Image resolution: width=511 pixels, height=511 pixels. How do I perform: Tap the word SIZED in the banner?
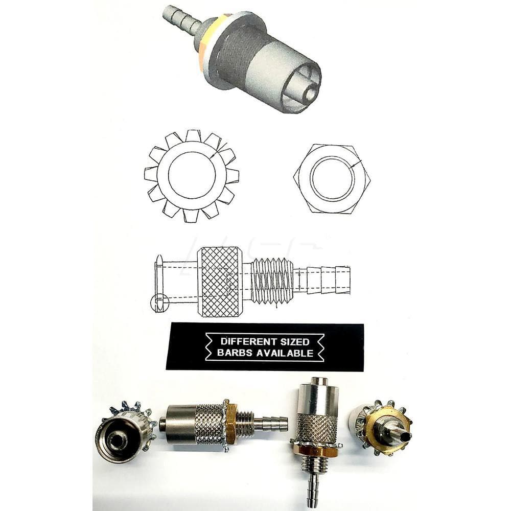pos(292,341)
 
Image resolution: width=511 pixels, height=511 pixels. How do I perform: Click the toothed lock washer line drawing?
pos(191,175)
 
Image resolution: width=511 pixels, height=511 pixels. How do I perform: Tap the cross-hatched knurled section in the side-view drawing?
pos(220,282)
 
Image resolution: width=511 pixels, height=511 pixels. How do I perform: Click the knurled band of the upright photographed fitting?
pos(317,427)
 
